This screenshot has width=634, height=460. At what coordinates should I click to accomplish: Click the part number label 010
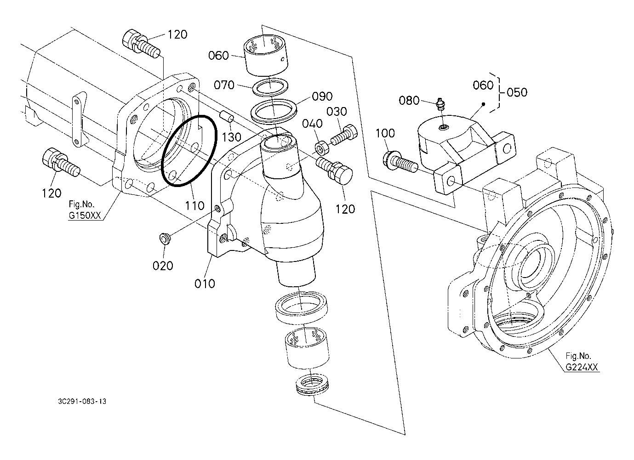coord(205,284)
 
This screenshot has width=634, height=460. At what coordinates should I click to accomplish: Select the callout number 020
coord(163,266)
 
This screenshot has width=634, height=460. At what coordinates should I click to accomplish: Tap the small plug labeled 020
coord(165,239)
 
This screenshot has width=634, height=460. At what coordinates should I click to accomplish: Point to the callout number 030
coord(337,112)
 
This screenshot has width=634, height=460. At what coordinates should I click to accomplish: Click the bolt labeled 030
coord(344,135)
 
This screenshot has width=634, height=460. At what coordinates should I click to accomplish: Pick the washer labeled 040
coord(322,148)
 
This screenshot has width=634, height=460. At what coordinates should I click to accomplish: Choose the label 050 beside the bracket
coord(517,92)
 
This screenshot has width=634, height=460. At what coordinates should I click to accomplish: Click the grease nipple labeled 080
coord(441,104)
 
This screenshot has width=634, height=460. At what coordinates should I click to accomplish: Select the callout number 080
coord(409,101)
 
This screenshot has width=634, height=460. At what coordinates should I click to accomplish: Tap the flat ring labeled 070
coord(270,86)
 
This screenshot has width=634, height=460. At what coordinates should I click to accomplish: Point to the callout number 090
coord(322,97)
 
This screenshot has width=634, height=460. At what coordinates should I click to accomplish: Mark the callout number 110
coord(195,206)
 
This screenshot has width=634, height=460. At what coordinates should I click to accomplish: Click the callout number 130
coord(232,137)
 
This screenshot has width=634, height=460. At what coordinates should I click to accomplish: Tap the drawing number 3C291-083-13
coord(82,402)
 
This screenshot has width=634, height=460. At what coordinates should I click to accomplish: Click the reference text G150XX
coord(85,216)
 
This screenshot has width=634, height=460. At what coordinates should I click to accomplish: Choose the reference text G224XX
coord(582,367)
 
